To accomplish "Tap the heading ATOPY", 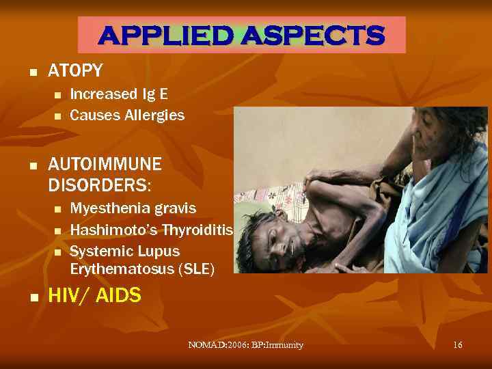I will [x=75, y=70].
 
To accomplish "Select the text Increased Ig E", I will [x=119, y=94].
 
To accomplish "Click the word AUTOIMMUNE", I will [x=105, y=165].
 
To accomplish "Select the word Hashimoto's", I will [x=109, y=230].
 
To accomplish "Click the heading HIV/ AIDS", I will [x=94, y=296].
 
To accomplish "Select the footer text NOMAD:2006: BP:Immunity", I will [x=245, y=345].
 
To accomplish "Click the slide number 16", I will [x=458, y=345].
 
